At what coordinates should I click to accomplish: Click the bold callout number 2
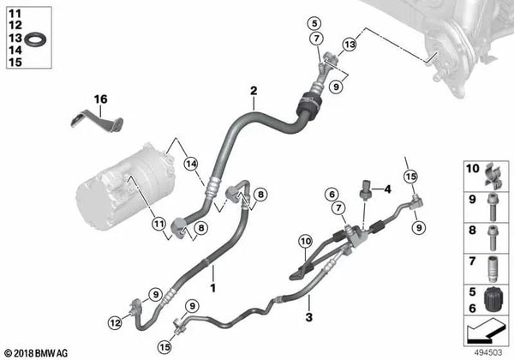pos(254,91)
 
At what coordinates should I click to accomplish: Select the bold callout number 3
pos(309,319)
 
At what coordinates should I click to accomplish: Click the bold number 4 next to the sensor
pos(387,189)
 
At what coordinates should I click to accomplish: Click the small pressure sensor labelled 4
pos(368,189)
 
